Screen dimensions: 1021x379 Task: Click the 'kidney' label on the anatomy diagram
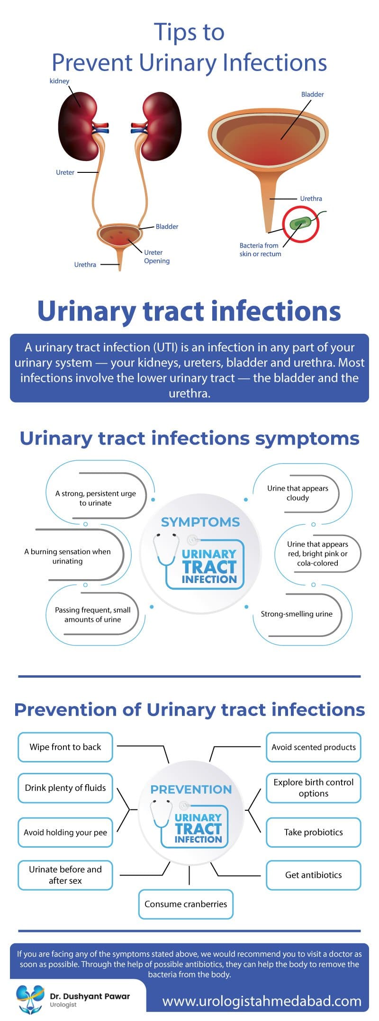coord(59,81)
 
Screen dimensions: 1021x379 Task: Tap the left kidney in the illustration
coord(78,126)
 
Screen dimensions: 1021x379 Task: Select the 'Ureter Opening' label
coord(156,257)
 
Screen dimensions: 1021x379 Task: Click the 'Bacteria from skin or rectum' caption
coord(260,250)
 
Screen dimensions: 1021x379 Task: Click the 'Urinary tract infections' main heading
coord(189,312)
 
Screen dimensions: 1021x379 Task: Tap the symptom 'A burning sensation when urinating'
coord(67,556)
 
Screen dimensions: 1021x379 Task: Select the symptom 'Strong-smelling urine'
coord(297,614)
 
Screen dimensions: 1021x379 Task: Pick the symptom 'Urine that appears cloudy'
coord(298,493)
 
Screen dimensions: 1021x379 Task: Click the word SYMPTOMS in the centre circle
coord(200,522)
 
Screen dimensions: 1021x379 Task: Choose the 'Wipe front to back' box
coord(65,747)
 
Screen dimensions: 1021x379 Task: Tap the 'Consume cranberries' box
coord(186,904)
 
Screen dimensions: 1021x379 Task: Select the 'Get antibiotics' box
coord(313,875)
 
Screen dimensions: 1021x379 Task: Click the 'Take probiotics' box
coord(313,833)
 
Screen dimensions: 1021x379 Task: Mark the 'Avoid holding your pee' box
coord(65,833)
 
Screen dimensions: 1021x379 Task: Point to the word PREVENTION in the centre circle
coord(191,789)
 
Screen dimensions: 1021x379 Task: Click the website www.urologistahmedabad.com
coord(262,1001)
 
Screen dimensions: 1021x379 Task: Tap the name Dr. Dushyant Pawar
coord(90,996)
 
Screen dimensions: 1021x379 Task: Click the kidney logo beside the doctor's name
coord(29,999)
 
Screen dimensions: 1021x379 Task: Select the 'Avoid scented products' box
coord(313,747)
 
